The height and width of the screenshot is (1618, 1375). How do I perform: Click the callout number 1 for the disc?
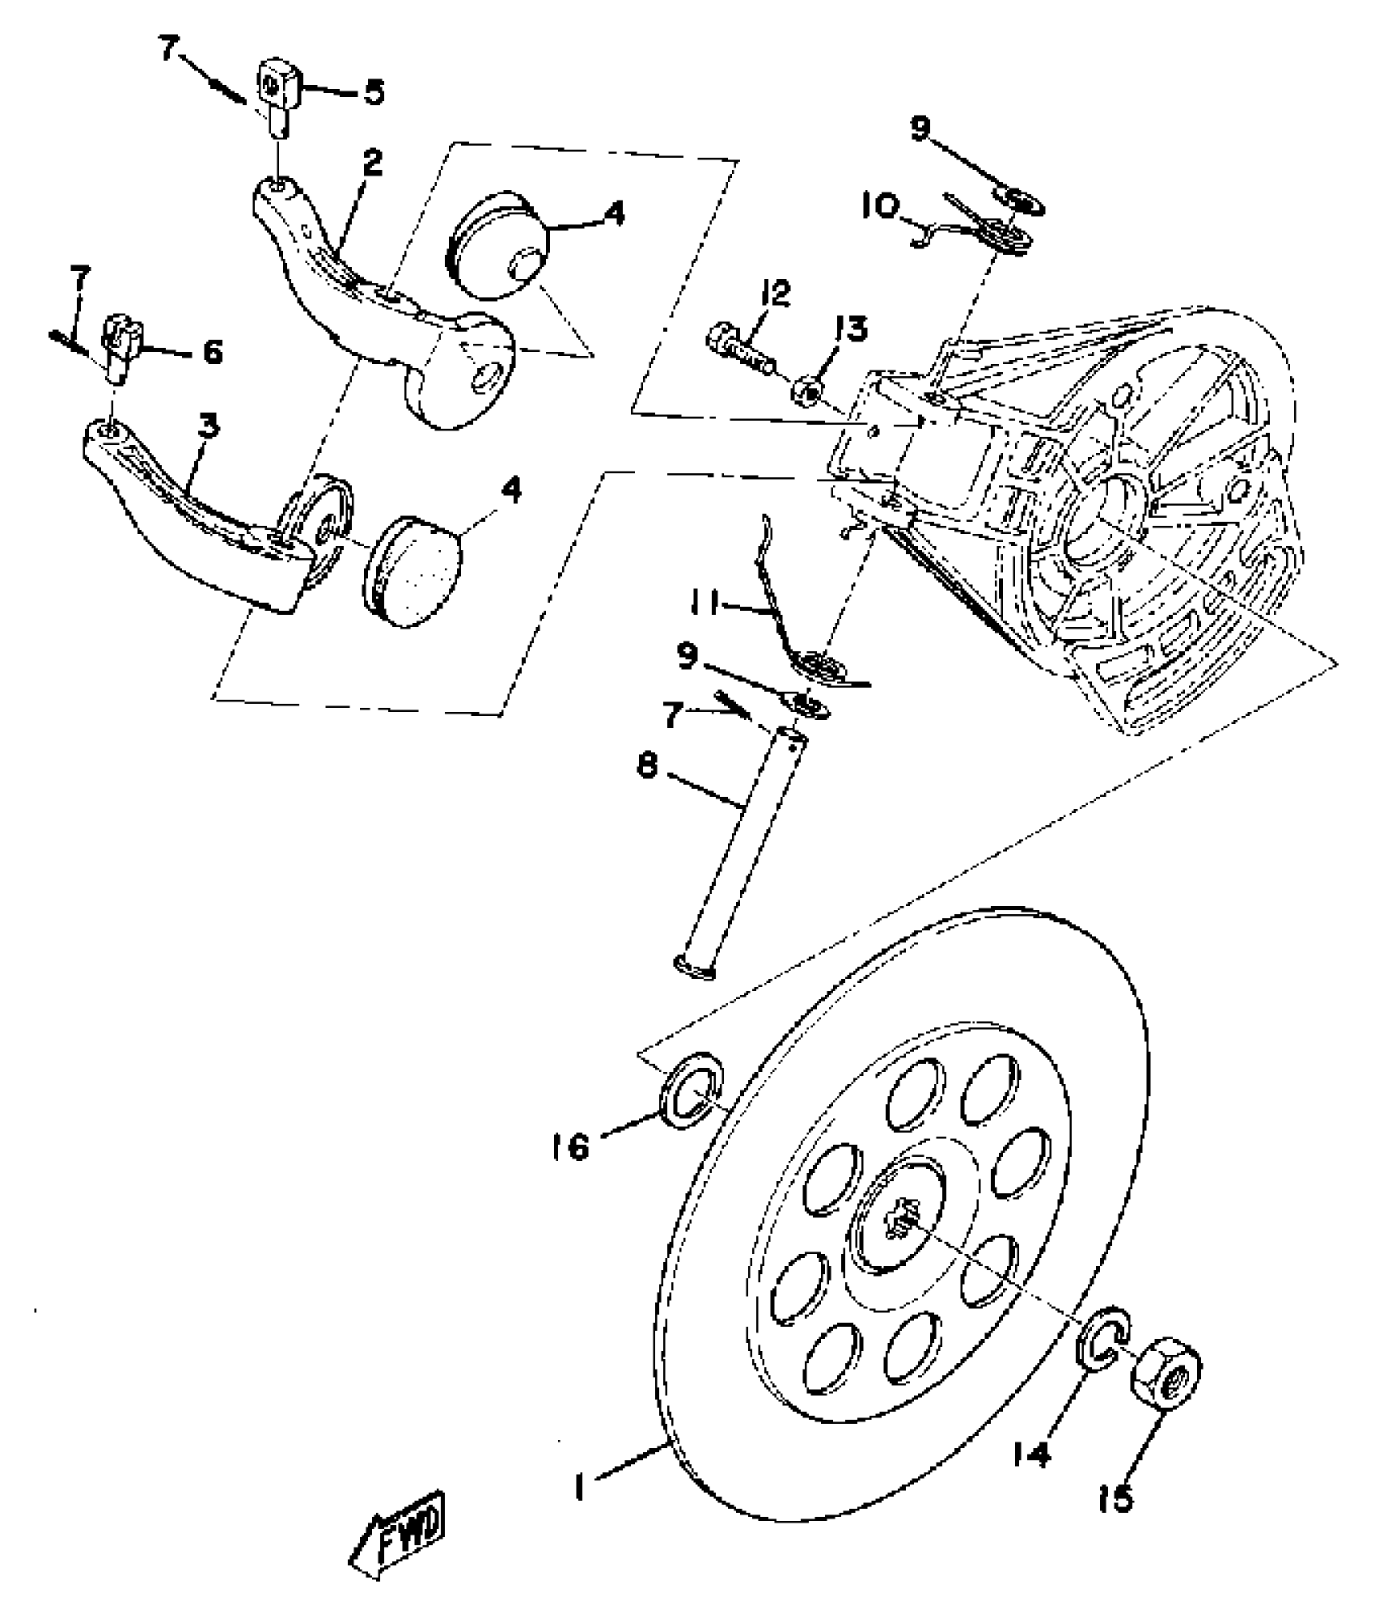[x=579, y=1485]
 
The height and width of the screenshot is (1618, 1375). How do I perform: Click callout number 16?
[x=571, y=1147]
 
